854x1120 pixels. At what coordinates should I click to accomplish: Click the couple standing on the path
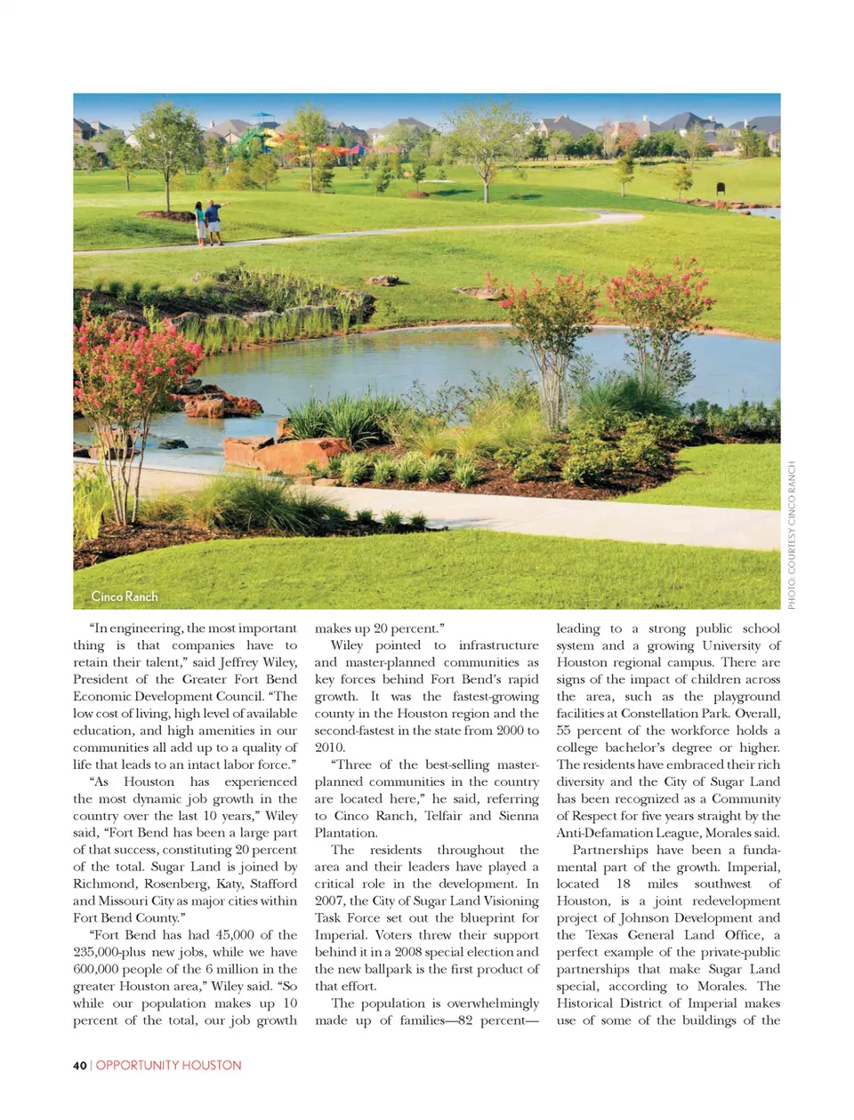(x=207, y=222)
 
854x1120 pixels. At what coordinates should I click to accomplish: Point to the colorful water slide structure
(x=267, y=134)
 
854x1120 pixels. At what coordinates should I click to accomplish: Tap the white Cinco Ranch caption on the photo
(x=125, y=596)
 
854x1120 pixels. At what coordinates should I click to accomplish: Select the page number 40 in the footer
(x=79, y=1065)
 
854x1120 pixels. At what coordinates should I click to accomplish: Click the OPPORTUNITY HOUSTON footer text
(x=168, y=1065)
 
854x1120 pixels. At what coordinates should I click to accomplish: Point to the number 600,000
(x=98, y=969)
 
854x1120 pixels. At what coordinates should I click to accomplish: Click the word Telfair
(x=443, y=816)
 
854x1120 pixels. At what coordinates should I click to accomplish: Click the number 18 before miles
(x=623, y=884)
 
